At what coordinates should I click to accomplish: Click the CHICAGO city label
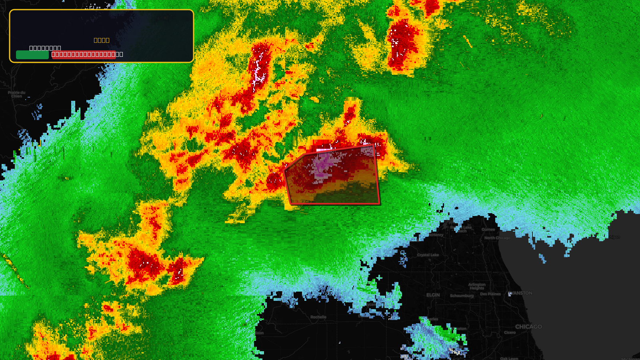(528, 327)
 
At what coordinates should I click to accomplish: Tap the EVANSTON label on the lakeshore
(521, 293)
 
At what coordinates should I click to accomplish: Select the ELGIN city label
(433, 295)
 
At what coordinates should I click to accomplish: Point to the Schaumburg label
(462, 296)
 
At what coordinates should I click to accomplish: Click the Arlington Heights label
(477, 286)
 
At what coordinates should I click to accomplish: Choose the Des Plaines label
(490, 294)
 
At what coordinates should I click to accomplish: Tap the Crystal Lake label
(428, 255)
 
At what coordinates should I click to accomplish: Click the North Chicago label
(497, 238)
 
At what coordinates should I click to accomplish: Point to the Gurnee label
(488, 230)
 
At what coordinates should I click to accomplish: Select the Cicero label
(510, 332)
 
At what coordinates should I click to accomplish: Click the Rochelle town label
(318, 317)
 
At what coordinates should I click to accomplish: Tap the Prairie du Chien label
(16, 94)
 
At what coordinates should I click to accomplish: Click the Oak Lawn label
(509, 358)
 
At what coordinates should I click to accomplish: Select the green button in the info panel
(32, 55)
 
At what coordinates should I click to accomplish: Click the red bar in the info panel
(84, 55)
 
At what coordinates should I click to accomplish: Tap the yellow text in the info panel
(102, 40)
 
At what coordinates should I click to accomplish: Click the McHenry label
(436, 235)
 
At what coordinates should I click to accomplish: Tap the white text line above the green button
(45, 48)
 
